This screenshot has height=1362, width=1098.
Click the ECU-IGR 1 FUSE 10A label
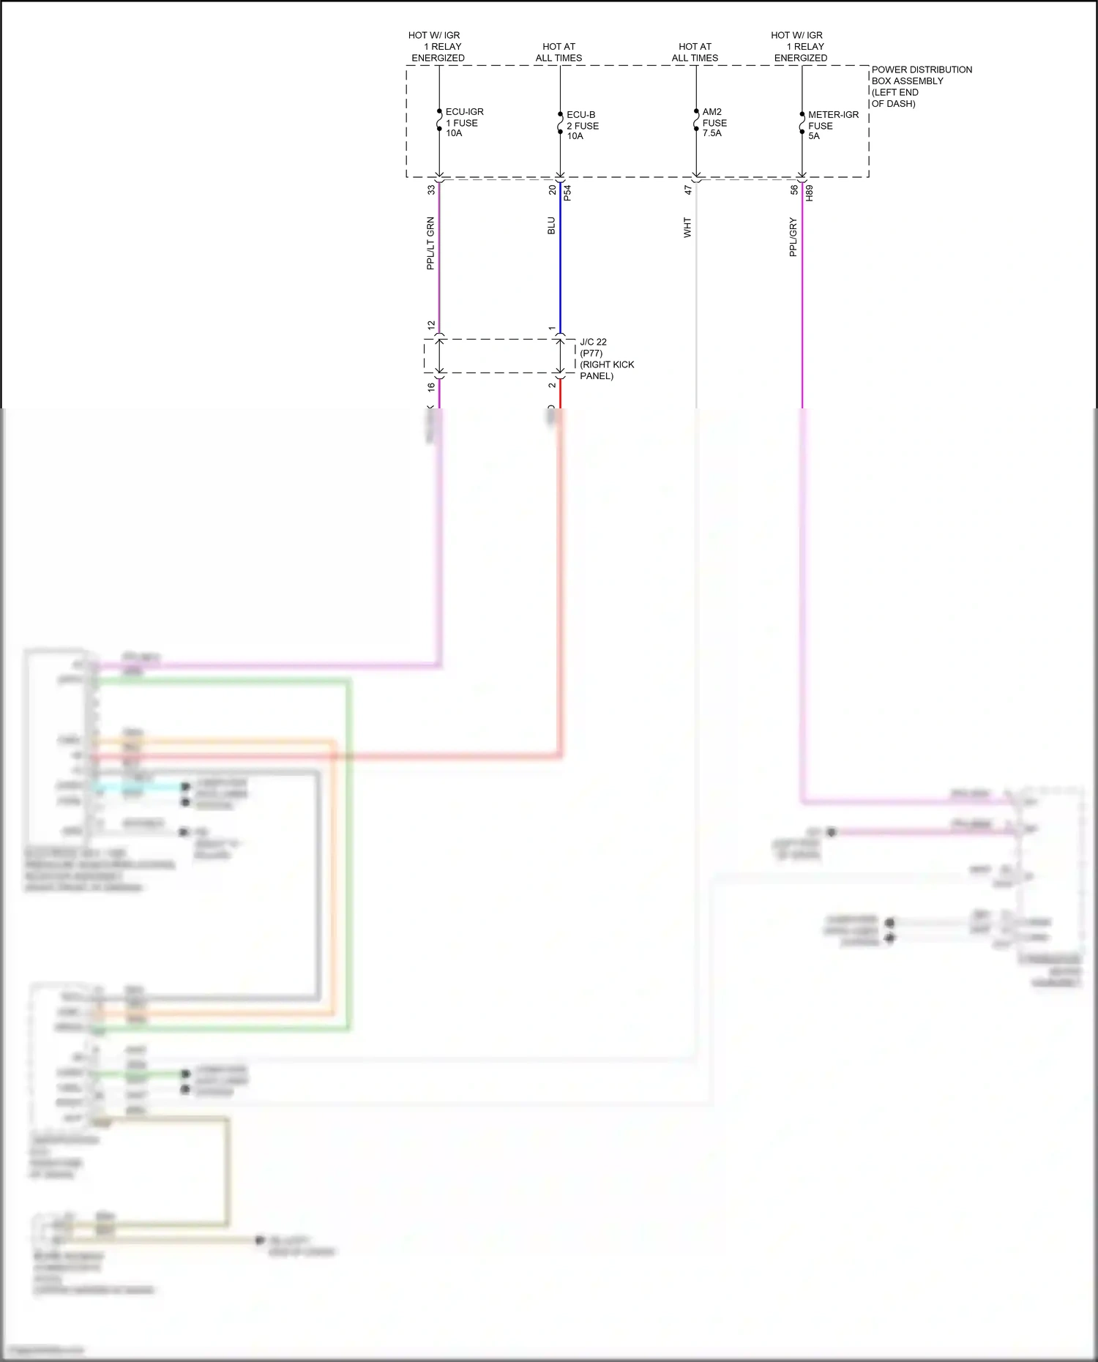[x=463, y=122]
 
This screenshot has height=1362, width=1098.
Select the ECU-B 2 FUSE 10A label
[x=582, y=125]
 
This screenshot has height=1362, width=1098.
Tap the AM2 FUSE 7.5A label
[x=714, y=122]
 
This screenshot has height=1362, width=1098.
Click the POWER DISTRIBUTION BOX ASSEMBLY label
[x=921, y=86]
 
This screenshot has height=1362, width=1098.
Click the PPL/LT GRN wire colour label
[x=430, y=243]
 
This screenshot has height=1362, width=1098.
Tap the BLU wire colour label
[x=551, y=225]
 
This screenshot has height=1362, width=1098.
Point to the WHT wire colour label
[x=687, y=227]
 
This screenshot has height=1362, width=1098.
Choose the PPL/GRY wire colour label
[x=793, y=236]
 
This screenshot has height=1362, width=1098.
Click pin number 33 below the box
[x=431, y=190]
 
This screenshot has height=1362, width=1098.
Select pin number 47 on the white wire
[x=688, y=190]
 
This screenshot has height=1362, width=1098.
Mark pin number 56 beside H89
[x=794, y=190]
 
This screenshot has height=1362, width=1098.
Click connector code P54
[x=567, y=193]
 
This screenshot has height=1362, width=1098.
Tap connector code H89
[x=809, y=193]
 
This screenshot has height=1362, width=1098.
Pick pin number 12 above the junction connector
[x=431, y=325]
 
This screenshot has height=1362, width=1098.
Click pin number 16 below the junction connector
[x=431, y=386]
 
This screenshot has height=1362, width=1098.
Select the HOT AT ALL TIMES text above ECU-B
[x=559, y=52]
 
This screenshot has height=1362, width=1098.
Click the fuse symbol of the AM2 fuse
[x=696, y=120]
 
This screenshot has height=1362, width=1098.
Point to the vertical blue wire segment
[x=560, y=263]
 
